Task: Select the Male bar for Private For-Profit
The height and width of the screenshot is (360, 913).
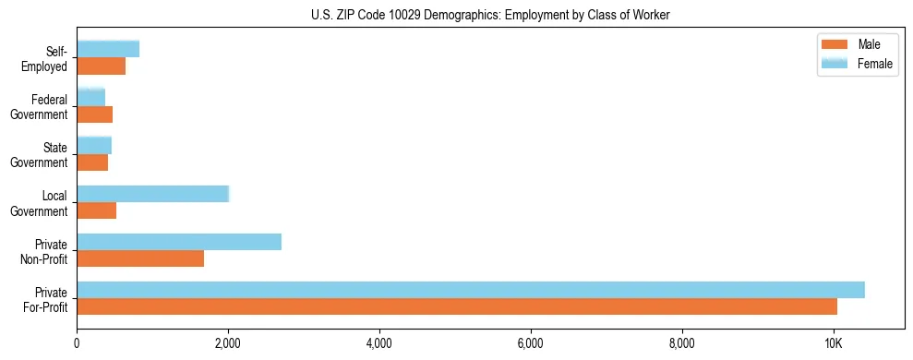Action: click(457, 306)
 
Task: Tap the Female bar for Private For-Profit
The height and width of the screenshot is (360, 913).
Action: click(471, 290)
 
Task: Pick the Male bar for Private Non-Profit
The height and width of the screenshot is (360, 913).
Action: click(140, 258)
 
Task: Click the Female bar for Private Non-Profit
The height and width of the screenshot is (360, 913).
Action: click(179, 242)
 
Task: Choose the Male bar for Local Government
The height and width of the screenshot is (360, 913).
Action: click(97, 210)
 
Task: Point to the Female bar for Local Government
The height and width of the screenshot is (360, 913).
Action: click(152, 194)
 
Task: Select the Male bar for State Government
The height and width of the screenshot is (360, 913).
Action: click(92, 162)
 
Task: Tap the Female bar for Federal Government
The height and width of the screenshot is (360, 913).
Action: click(90, 97)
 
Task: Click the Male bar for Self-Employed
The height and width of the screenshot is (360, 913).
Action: click(101, 66)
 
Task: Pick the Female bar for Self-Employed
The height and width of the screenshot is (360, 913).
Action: click(108, 49)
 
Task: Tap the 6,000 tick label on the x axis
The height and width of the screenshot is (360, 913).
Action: click(531, 343)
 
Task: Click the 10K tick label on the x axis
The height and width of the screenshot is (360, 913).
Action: click(834, 343)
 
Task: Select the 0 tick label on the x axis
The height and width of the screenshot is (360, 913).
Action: click(77, 343)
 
